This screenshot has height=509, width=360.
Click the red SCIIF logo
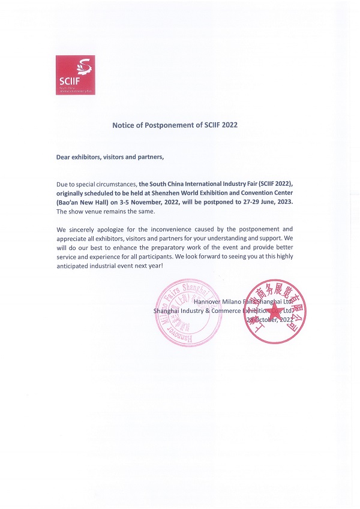75,75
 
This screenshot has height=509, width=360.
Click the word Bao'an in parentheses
68,203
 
